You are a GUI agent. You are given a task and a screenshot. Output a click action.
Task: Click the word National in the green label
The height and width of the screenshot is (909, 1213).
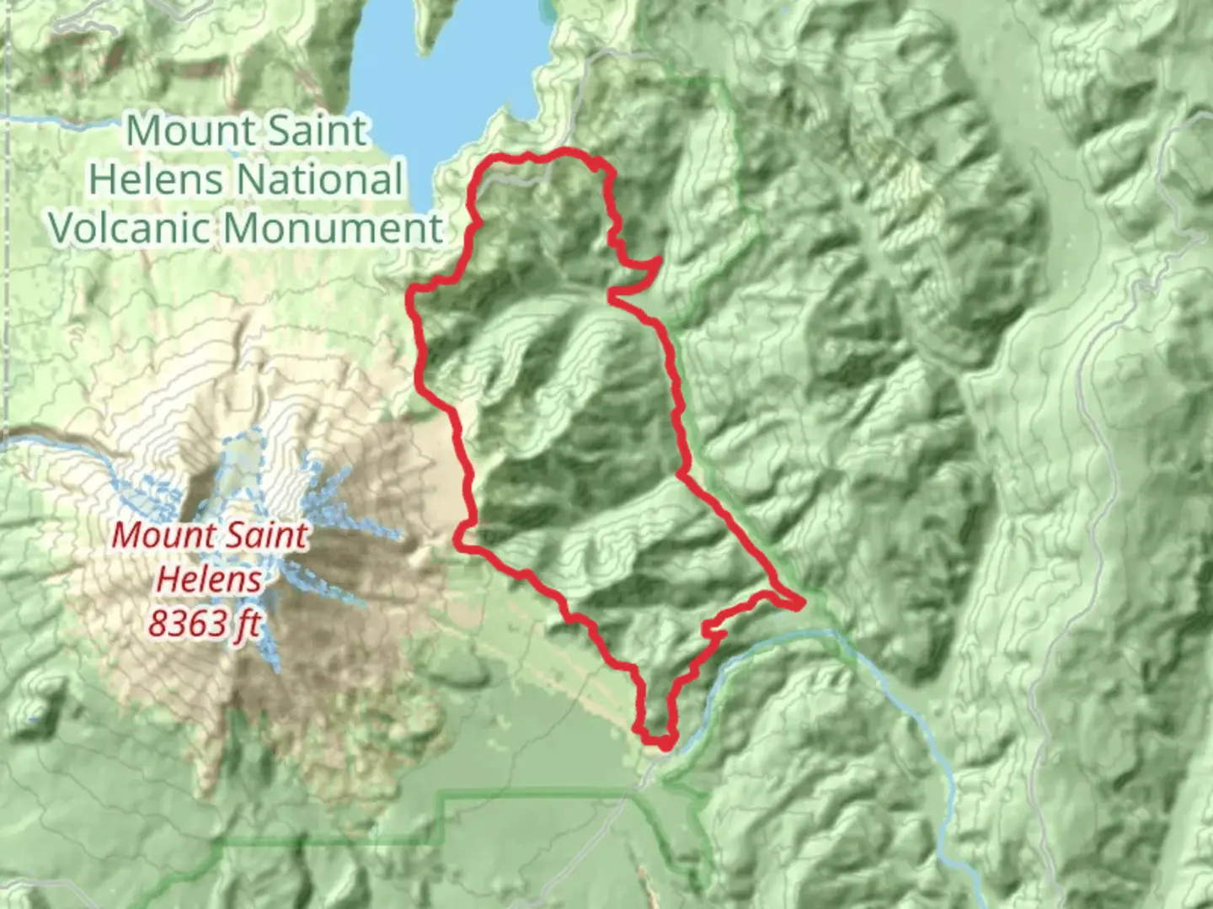point(320,179)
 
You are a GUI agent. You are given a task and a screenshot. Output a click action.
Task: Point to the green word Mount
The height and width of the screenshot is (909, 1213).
point(179,131)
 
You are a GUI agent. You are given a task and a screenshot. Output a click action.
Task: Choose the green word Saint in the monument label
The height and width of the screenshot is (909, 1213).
point(314,131)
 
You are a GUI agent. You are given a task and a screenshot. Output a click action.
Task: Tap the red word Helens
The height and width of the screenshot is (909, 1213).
point(209,579)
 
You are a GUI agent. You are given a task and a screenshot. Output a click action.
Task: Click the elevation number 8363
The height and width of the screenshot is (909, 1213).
point(179,624)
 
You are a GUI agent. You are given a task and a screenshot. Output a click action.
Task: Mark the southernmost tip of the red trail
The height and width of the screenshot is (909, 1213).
point(665,746)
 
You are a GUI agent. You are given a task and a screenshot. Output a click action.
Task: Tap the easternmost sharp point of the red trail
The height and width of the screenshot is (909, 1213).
point(804,602)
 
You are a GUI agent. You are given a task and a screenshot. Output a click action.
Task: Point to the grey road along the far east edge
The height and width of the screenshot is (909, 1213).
point(1095,421)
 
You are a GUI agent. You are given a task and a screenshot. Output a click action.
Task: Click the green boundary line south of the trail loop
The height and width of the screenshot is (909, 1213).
point(539,793)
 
